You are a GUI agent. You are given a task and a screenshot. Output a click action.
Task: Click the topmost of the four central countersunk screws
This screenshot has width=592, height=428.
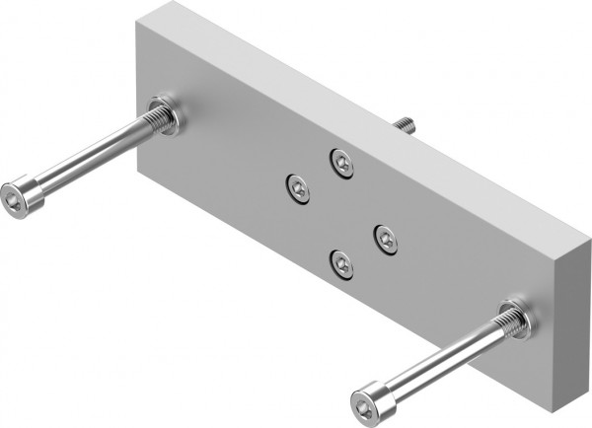pyautogui.click(x=342, y=161)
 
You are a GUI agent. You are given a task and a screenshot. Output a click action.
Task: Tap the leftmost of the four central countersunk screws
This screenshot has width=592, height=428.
pyautogui.click(x=298, y=187)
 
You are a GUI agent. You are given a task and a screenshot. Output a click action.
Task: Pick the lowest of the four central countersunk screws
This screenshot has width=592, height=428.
pyautogui.click(x=341, y=262)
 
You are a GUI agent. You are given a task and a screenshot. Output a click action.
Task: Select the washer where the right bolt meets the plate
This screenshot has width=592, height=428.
pyautogui.click(x=517, y=319)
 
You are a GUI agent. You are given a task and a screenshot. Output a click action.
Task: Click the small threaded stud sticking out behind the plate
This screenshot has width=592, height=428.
pyautogui.click(x=404, y=124)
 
